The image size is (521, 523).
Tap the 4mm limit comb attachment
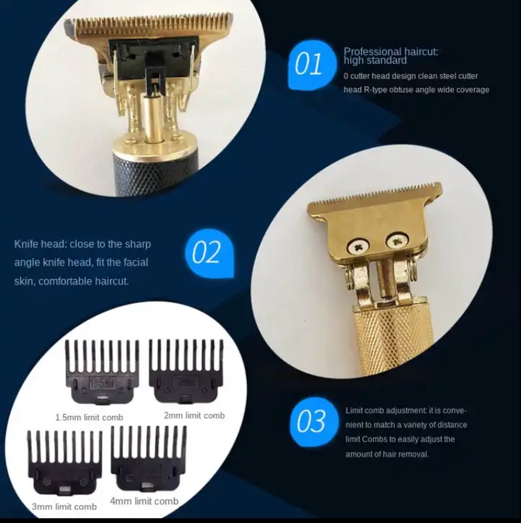click(149, 458)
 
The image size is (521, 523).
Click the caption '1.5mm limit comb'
click(89, 418)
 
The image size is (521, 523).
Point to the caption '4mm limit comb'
click(144, 502)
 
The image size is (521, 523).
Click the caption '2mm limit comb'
click(194, 416)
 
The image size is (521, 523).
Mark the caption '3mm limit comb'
click(64, 507)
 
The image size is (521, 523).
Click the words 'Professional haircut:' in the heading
click(391, 52)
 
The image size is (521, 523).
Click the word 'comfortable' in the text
click(68, 282)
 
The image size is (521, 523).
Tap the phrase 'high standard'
click(375, 61)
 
